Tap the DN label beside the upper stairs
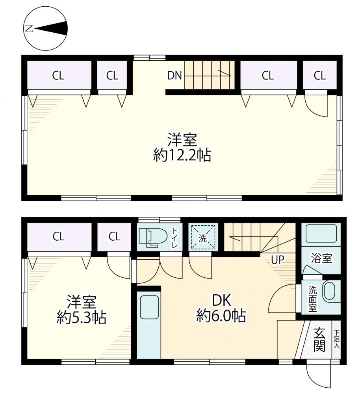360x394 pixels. (x=174, y=75)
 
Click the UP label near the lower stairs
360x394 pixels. (x=277, y=260)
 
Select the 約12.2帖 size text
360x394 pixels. (x=182, y=156)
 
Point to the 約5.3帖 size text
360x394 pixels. (x=82, y=318)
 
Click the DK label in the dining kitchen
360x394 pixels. (x=221, y=300)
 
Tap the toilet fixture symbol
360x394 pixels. (x=153, y=236)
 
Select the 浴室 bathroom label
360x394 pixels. (x=321, y=258)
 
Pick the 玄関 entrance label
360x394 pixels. (x=319, y=340)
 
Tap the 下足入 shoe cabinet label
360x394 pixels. (x=336, y=339)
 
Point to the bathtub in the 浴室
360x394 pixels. (x=321, y=233)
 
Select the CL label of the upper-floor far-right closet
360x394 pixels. (x=320, y=75)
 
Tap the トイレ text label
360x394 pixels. (x=175, y=237)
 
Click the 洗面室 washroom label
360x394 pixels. (x=312, y=299)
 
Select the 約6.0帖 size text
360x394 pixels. (x=221, y=316)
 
